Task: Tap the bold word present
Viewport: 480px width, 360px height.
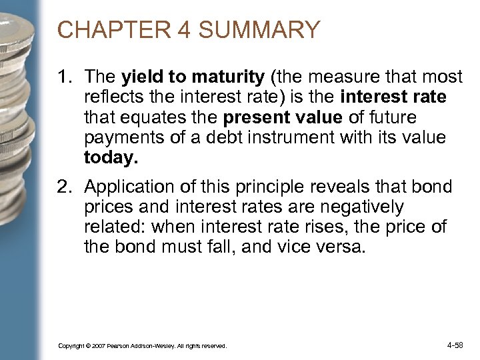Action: click(253, 118)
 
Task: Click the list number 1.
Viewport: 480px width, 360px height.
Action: click(64, 78)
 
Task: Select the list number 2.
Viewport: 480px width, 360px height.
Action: click(64, 187)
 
